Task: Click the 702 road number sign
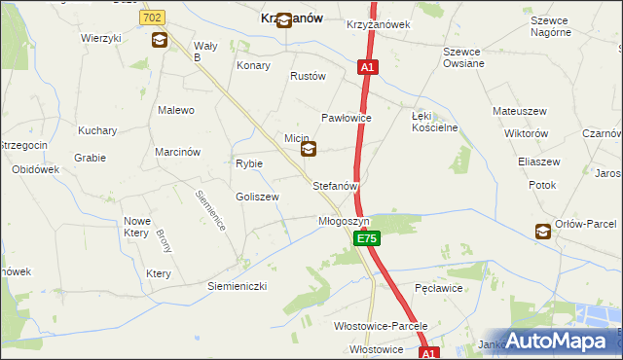152,18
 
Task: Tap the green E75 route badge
366,238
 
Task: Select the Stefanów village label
336,185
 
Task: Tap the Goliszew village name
257,197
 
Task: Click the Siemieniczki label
237,286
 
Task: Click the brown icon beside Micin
309,149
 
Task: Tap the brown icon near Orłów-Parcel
542,231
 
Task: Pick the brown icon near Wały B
159,41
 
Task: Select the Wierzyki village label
101,38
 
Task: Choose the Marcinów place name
177,152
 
